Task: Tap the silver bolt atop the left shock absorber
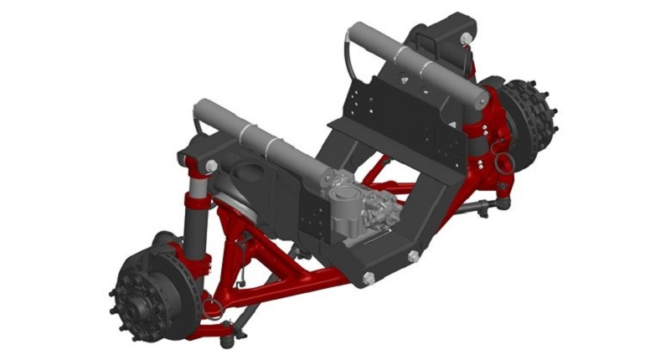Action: click(210, 166)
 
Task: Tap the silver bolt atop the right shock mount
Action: click(465, 39)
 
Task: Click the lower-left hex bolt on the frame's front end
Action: click(369, 279)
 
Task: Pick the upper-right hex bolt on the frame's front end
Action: click(413, 256)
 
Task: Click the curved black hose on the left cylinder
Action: click(194, 126)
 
